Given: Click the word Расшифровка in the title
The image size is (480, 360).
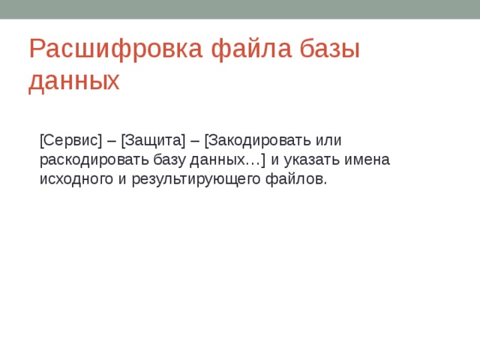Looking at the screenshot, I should pyautogui.click(x=117, y=49).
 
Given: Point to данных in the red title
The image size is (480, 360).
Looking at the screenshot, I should pyautogui.click(x=73, y=81).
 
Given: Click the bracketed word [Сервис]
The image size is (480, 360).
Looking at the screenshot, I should pyautogui.click(x=70, y=140).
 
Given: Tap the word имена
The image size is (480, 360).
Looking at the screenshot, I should pyautogui.click(x=368, y=160).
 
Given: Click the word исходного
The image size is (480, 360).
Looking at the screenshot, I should pyautogui.click(x=75, y=180).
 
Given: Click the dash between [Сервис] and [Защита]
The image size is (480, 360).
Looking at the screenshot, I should pyautogui.click(x=111, y=140).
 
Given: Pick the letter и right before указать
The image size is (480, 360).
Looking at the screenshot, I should pyautogui.click(x=274, y=160).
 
